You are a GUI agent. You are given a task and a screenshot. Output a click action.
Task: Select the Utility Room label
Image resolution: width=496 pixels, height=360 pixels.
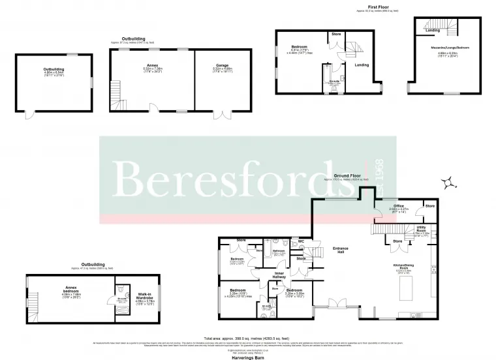coord(421,228)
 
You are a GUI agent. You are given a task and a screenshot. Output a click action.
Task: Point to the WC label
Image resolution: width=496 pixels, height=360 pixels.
coord(301,241)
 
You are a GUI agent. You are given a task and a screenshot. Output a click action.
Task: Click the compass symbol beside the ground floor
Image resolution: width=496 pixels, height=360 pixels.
coord(450,185)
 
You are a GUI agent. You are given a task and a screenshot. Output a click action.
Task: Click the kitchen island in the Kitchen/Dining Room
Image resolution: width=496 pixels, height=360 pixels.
coord(410,286)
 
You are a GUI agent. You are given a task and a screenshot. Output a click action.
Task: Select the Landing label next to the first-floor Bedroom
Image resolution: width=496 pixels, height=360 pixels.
coord(362,65)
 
